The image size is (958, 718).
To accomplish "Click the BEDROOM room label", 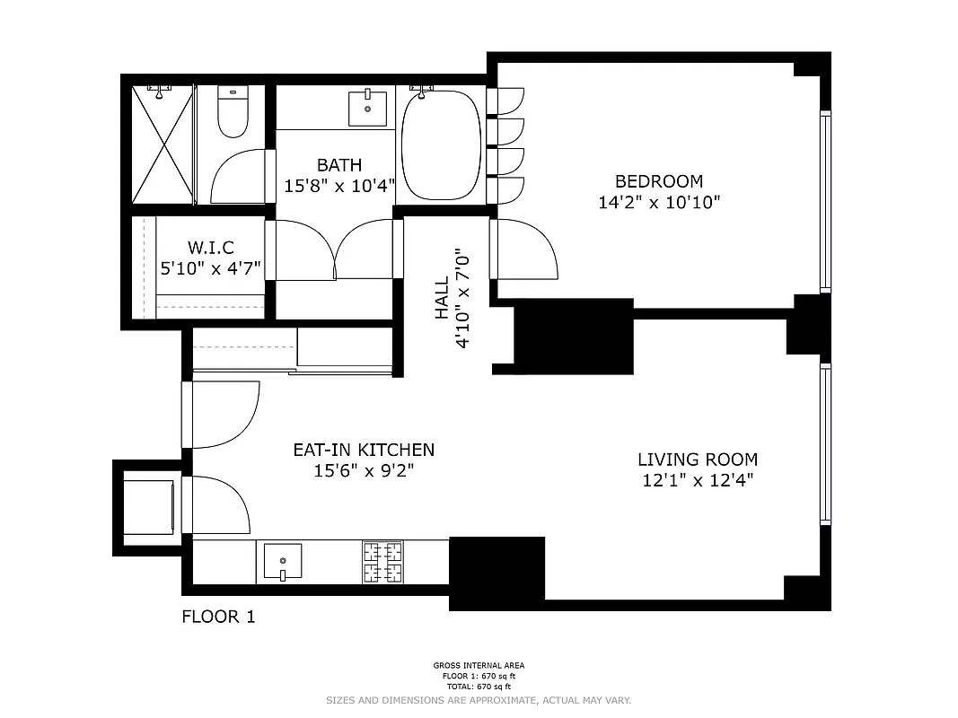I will pos(658,181).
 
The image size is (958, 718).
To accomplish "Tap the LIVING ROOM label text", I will pos(697,460).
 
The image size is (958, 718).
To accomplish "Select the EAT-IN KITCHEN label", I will pos(364,450).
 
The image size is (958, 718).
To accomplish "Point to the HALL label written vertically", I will pos(442,298).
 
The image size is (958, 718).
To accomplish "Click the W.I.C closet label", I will pos(211,247).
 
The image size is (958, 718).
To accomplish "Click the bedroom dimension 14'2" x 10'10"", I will pos(658,203).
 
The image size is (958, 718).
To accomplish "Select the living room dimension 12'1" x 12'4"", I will pos(697,480).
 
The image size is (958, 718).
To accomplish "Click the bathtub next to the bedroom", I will pos(442,146).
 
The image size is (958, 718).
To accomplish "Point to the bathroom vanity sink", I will pos(367,109).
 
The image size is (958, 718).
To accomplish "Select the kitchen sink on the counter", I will pos(282,563).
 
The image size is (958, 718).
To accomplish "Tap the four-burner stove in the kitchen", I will pos(382,563).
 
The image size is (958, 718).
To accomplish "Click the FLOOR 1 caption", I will pos(218,617).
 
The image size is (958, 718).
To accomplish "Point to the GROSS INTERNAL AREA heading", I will pos(479,666).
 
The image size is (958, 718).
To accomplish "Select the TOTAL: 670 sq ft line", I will pos(479,687).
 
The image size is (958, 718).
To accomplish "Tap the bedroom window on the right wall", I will pos(825,202).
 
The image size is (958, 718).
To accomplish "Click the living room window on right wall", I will pos(825,444).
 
